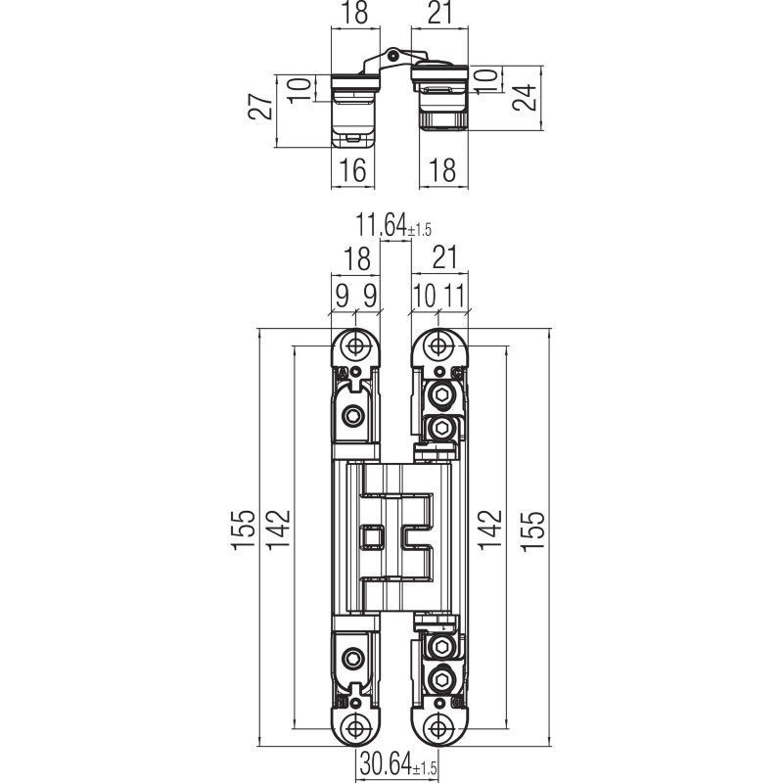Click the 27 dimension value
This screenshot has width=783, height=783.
(x=261, y=107)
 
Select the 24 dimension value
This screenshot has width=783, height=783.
(x=525, y=97)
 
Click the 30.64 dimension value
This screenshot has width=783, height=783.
(x=386, y=763)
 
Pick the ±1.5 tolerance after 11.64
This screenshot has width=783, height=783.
(x=420, y=230)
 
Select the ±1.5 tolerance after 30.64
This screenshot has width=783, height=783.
(x=425, y=768)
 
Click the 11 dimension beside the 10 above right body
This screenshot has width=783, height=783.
(x=454, y=297)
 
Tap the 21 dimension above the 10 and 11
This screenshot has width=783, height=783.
(x=444, y=257)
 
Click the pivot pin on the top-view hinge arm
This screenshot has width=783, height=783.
(x=393, y=55)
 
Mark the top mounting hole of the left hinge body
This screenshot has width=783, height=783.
(x=355, y=345)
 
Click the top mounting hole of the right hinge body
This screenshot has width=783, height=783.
(x=438, y=345)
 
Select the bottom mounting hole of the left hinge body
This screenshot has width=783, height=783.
(x=355, y=728)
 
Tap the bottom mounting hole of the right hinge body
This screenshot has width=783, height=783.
(x=438, y=728)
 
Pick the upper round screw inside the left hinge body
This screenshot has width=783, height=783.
(x=353, y=415)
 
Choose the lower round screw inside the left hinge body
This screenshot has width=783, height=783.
(x=353, y=659)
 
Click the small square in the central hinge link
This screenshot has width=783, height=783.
(x=372, y=536)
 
